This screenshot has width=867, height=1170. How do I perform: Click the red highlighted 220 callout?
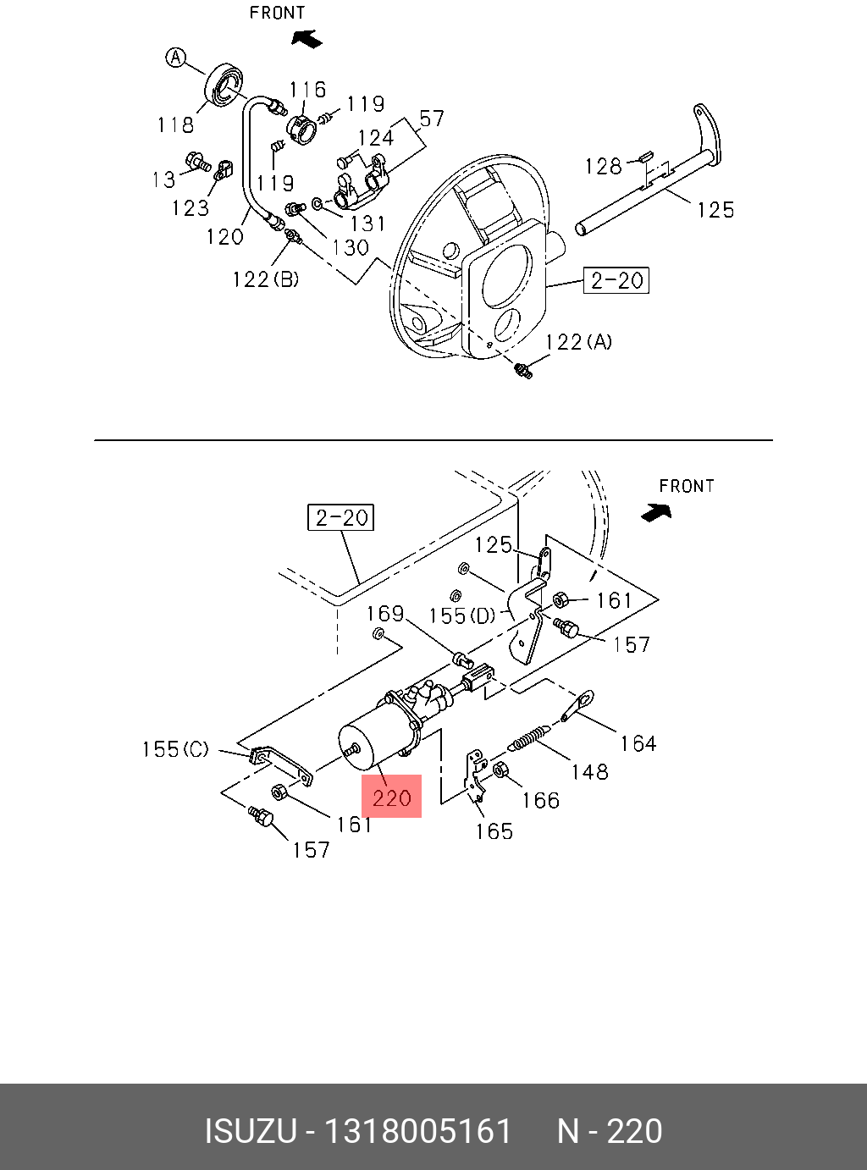click(x=391, y=796)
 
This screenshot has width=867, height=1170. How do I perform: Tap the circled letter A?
click(x=176, y=58)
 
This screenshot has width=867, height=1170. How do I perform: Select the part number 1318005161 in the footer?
click(x=418, y=1131)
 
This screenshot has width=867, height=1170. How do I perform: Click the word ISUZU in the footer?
click(x=251, y=1131)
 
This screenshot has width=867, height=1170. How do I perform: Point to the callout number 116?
click(x=307, y=90)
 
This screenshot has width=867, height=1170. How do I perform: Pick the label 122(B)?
click(x=266, y=279)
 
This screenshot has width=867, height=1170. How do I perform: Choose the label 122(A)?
click(x=578, y=342)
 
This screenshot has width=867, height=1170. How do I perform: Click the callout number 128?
click(x=603, y=167)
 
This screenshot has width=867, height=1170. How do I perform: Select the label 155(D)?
click(x=462, y=615)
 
